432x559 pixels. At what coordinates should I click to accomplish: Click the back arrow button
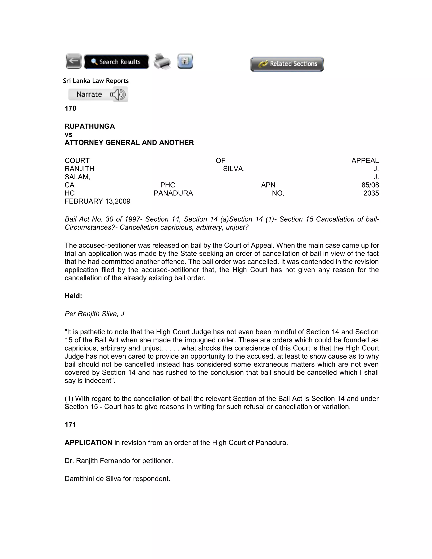(74, 61)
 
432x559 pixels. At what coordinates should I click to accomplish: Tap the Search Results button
(116, 62)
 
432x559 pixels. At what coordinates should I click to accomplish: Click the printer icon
(162, 61)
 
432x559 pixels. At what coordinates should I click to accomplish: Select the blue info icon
(185, 61)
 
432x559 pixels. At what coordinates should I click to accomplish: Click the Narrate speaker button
(98, 95)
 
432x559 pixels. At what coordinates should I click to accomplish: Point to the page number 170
(70, 108)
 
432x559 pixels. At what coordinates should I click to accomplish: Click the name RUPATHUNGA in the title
(90, 126)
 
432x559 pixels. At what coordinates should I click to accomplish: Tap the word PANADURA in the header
(173, 193)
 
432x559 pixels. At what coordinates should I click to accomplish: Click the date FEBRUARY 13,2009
(97, 201)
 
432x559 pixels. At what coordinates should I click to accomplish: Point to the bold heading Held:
(73, 296)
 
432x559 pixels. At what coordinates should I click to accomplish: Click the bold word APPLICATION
(88, 443)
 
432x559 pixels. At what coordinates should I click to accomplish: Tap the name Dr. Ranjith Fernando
(97, 461)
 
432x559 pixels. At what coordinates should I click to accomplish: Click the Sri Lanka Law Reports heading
(96, 81)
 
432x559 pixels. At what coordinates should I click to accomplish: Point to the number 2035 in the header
(371, 193)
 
